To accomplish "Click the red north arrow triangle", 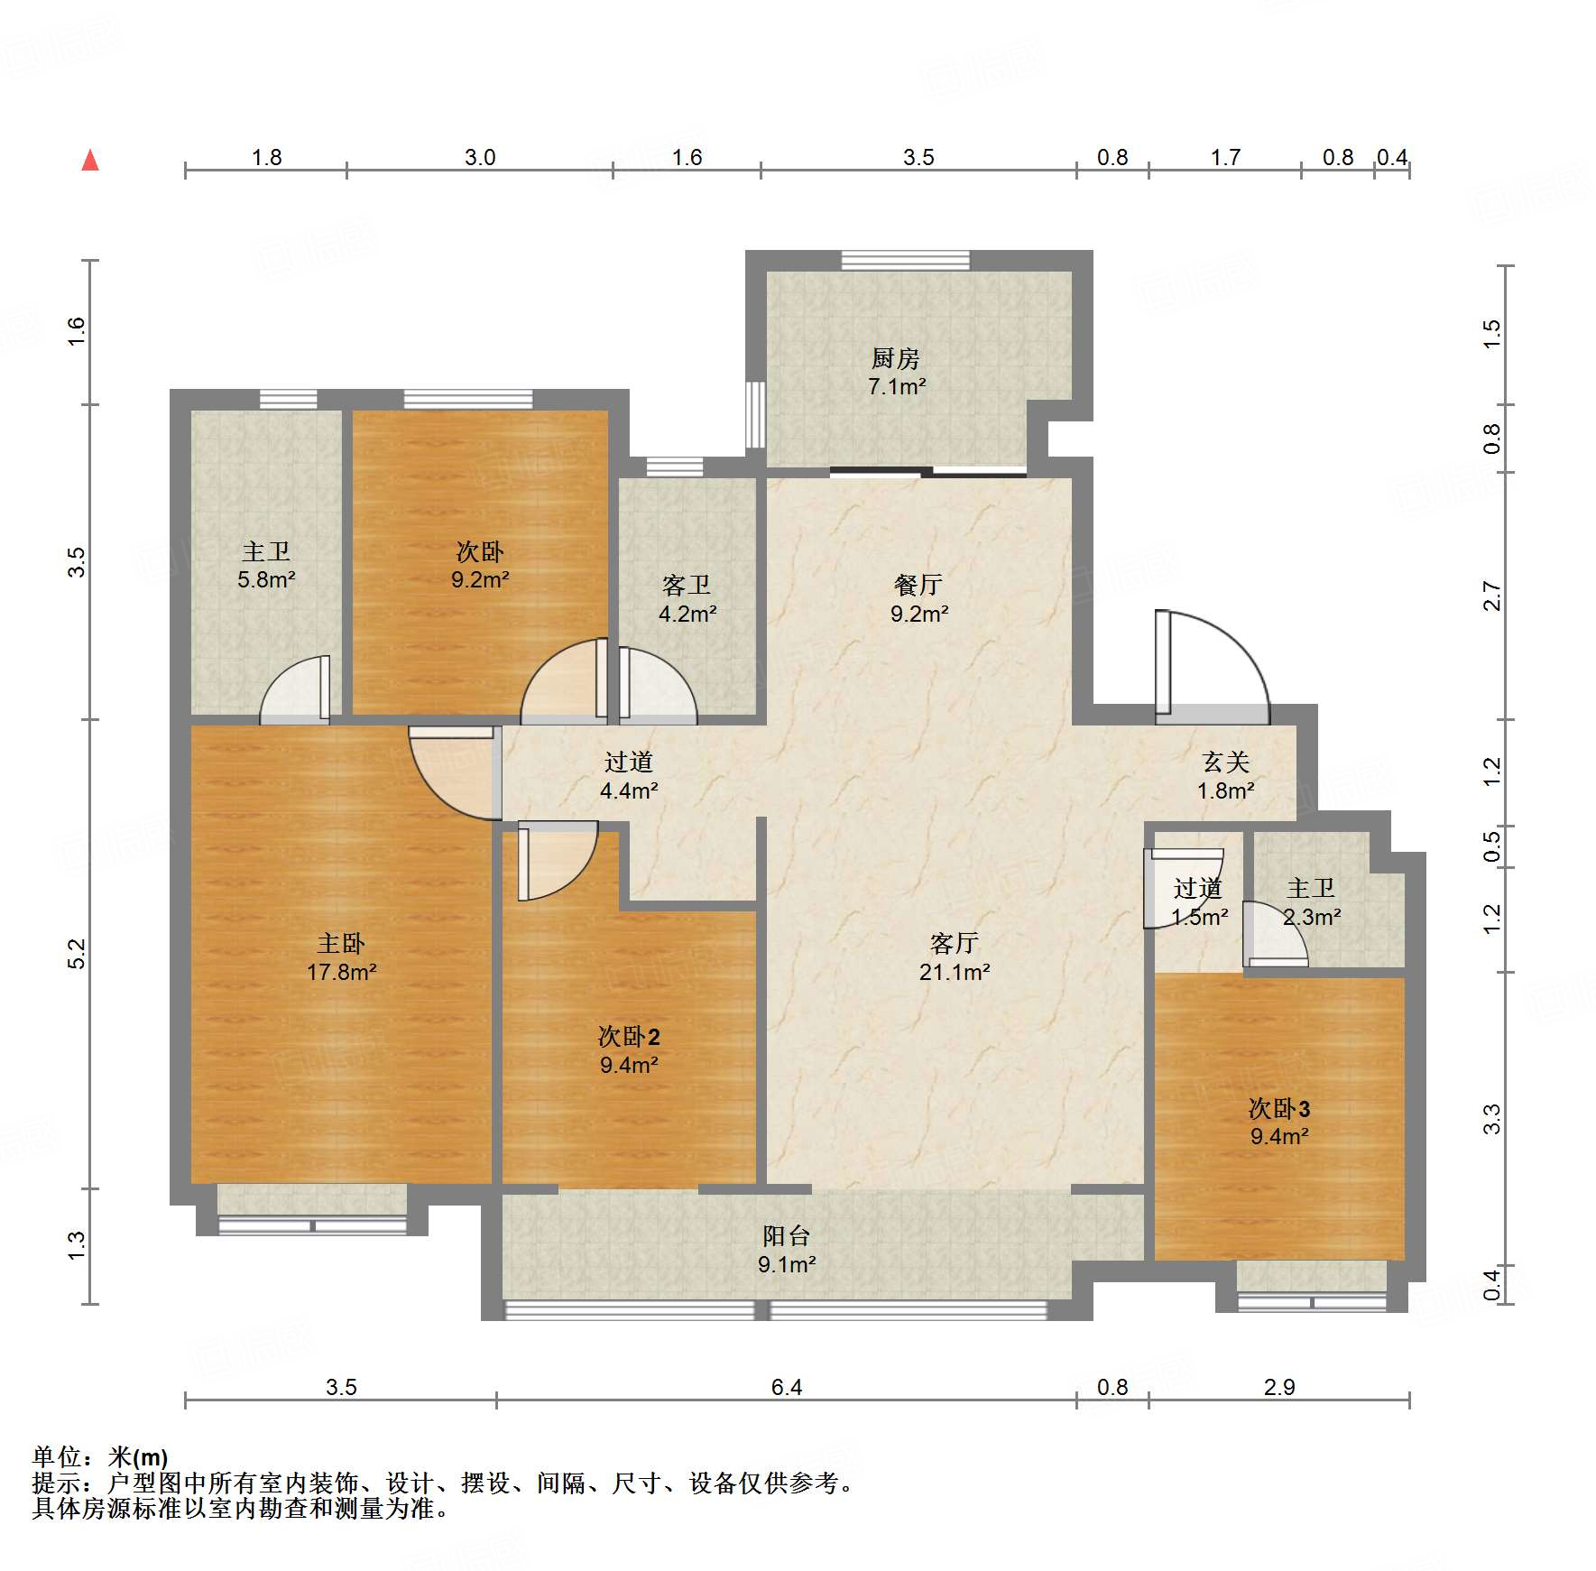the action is pyautogui.click(x=90, y=161).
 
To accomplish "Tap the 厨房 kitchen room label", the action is pyautogui.click(x=896, y=359).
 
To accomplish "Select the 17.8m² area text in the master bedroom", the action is pyautogui.click(x=342, y=972).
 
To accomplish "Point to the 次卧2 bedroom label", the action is pyautogui.click(x=629, y=1037).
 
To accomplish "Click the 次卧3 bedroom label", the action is pyautogui.click(x=1279, y=1108).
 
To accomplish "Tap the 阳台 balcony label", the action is pyautogui.click(x=787, y=1236).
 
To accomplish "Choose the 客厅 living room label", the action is pyautogui.click(x=955, y=944).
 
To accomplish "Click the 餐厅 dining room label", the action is pyautogui.click(x=918, y=586).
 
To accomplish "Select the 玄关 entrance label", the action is pyautogui.click(x=1226, y=762).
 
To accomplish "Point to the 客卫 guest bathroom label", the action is pyautogui.click(x=687, y=586).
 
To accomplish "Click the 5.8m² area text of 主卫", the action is pyautogui.click(x=266, y=579).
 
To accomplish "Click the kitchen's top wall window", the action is pyautogui.click(x=906, y=260).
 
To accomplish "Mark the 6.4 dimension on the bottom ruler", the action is pyautogui.click(x=787, y=1387).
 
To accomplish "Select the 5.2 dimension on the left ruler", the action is pyautogui.click(x=78, y=954).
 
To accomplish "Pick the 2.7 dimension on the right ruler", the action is pyautogui.click(x=1492, y=596).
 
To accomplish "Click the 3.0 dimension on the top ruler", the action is pyautogui.click(x=480, y=157).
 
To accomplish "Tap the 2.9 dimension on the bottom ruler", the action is pyautogui.click(x=1279, y=1387).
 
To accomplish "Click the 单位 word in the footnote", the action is pyautogui.click(x=57, y=1457).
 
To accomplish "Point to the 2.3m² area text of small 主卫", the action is pyautogui.click(x=1312, y=917).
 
